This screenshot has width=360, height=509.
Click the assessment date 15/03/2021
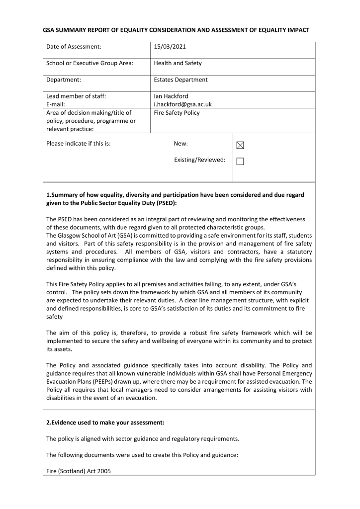pyautogui.click(x=171, y=47)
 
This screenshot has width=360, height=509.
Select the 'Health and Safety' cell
pyautogui.click(x=178, y=63)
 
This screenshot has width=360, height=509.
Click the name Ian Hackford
pyautogui.click(x=171, y=96)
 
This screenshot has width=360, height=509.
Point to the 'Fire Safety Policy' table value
pyautogui.click(x=177, y=113)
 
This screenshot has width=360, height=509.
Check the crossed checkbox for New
pyautogui.click(x=241, y=145)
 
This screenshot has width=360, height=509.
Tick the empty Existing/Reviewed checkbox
pyautogui.click(x=241, y=161)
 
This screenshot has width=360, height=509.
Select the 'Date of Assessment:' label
pyautogui.click(x=74, y=47)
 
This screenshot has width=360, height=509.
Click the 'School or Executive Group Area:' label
pyautogui.click(x=90, y=63)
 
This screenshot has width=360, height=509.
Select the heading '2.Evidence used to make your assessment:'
pyautogui.click(x=105, y=423)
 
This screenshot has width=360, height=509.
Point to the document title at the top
pyautogui.click(x=176, y=30)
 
